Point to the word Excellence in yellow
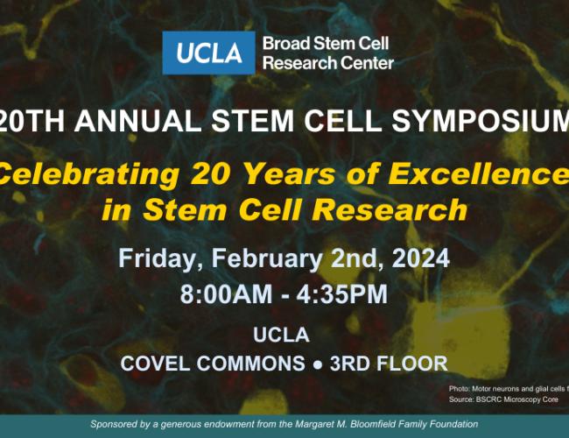[487, 175]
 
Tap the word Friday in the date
[156, 258]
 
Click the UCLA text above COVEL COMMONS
[284, 335]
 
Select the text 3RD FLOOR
[398, 363]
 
